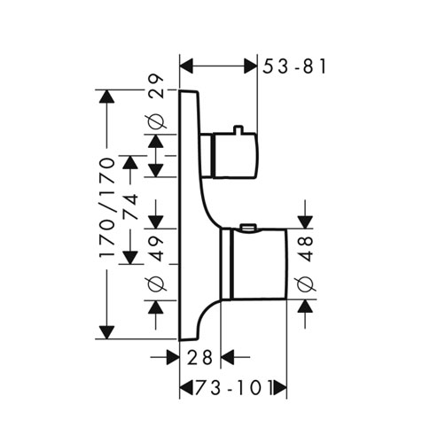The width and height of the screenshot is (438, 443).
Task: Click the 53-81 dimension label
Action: point(294,66)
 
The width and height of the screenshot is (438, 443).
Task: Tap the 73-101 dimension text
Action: point(232,387)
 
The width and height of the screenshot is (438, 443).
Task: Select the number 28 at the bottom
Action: point(199,357)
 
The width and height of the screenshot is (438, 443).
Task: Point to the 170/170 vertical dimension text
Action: point(106,208)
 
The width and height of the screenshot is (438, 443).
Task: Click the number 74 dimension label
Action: point(130,206)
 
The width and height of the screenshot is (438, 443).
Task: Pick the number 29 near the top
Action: point(155,86)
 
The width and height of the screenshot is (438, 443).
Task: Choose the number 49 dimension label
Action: point(155,248)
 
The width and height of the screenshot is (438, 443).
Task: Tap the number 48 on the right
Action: point(305,248)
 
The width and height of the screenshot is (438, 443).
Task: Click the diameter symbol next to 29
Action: point(156,121)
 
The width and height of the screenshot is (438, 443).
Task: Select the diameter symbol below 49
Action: point(156,284)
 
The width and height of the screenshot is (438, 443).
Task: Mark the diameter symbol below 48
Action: point(305,284)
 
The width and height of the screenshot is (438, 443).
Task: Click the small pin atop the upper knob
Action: point(238,129)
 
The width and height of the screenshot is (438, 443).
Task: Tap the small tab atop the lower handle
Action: point(248,227)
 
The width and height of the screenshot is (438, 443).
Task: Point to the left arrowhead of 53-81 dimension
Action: point(186,66)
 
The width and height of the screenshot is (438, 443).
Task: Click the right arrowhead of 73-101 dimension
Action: point(280,388)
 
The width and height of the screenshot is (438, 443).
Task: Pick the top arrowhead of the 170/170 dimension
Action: point(106,97)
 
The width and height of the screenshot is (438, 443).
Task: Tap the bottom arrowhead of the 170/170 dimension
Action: point(106,332)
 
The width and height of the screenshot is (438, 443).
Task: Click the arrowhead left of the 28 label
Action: point(173,357)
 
